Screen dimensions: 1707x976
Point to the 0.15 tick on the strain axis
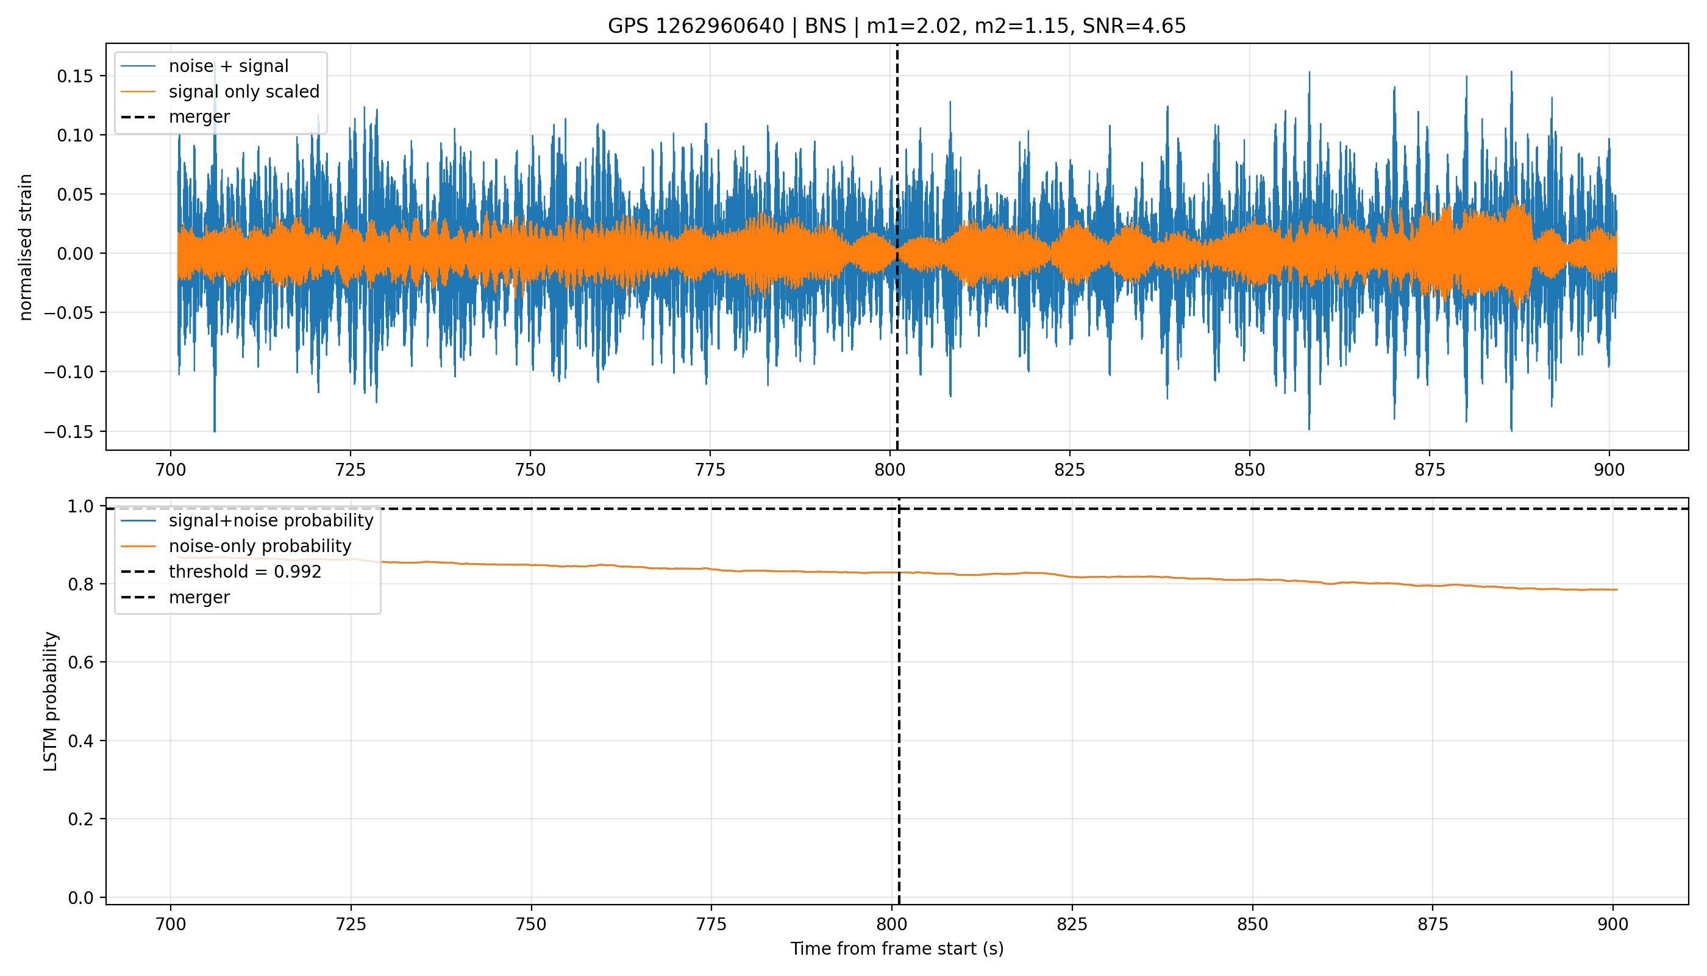point(74,76)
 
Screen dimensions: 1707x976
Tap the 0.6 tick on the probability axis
point(80,662)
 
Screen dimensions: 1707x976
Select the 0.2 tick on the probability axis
point(80,819)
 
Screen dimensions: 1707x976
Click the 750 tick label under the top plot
point(530,470)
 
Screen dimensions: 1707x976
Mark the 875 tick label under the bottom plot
point(1432,924)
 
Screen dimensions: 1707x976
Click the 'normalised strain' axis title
point(26,247)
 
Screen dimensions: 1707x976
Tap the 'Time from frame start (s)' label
point(897,949)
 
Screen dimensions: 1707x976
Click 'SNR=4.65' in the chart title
point(1134,26)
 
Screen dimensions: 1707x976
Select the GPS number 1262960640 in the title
point(719,26)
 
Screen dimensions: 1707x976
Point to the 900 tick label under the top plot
point(1609,470)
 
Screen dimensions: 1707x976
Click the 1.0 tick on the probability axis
point(80,506)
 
